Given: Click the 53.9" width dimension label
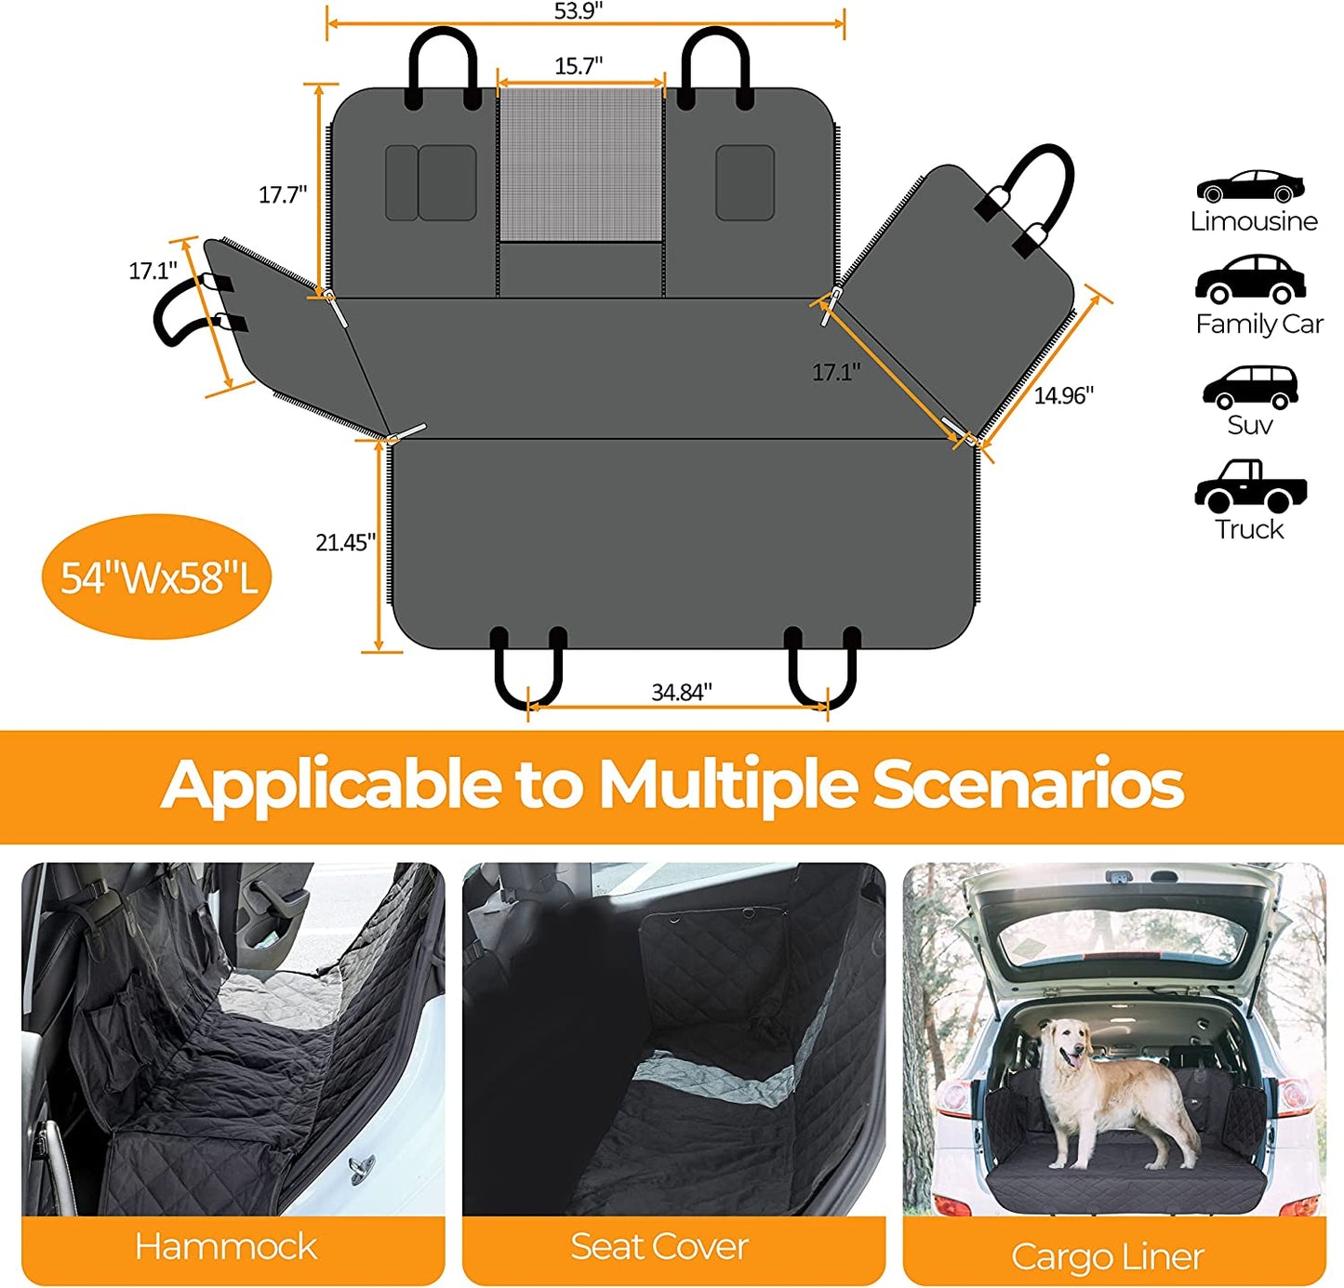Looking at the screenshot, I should tap(579, 11).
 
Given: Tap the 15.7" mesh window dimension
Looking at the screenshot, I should tap(579, 66).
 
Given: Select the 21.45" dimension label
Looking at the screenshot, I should tap(345, 542).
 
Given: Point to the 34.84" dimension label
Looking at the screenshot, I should tap(681, 692).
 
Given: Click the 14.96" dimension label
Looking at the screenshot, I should tap(1063, 395).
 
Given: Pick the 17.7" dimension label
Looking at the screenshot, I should tap(283, 194).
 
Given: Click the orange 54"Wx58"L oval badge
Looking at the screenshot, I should tap(158, 578).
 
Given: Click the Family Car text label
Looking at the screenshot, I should tap(1258, 324).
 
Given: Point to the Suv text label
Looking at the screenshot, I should tap(1249, 425).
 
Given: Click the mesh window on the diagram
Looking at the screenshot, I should tap(580, 164).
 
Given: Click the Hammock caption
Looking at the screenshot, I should tap(226, 1246).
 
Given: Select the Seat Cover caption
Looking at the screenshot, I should tap(659, 1246).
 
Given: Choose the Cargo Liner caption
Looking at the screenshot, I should tap(1107, 1256).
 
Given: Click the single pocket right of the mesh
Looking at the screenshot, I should tap(744, 182).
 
